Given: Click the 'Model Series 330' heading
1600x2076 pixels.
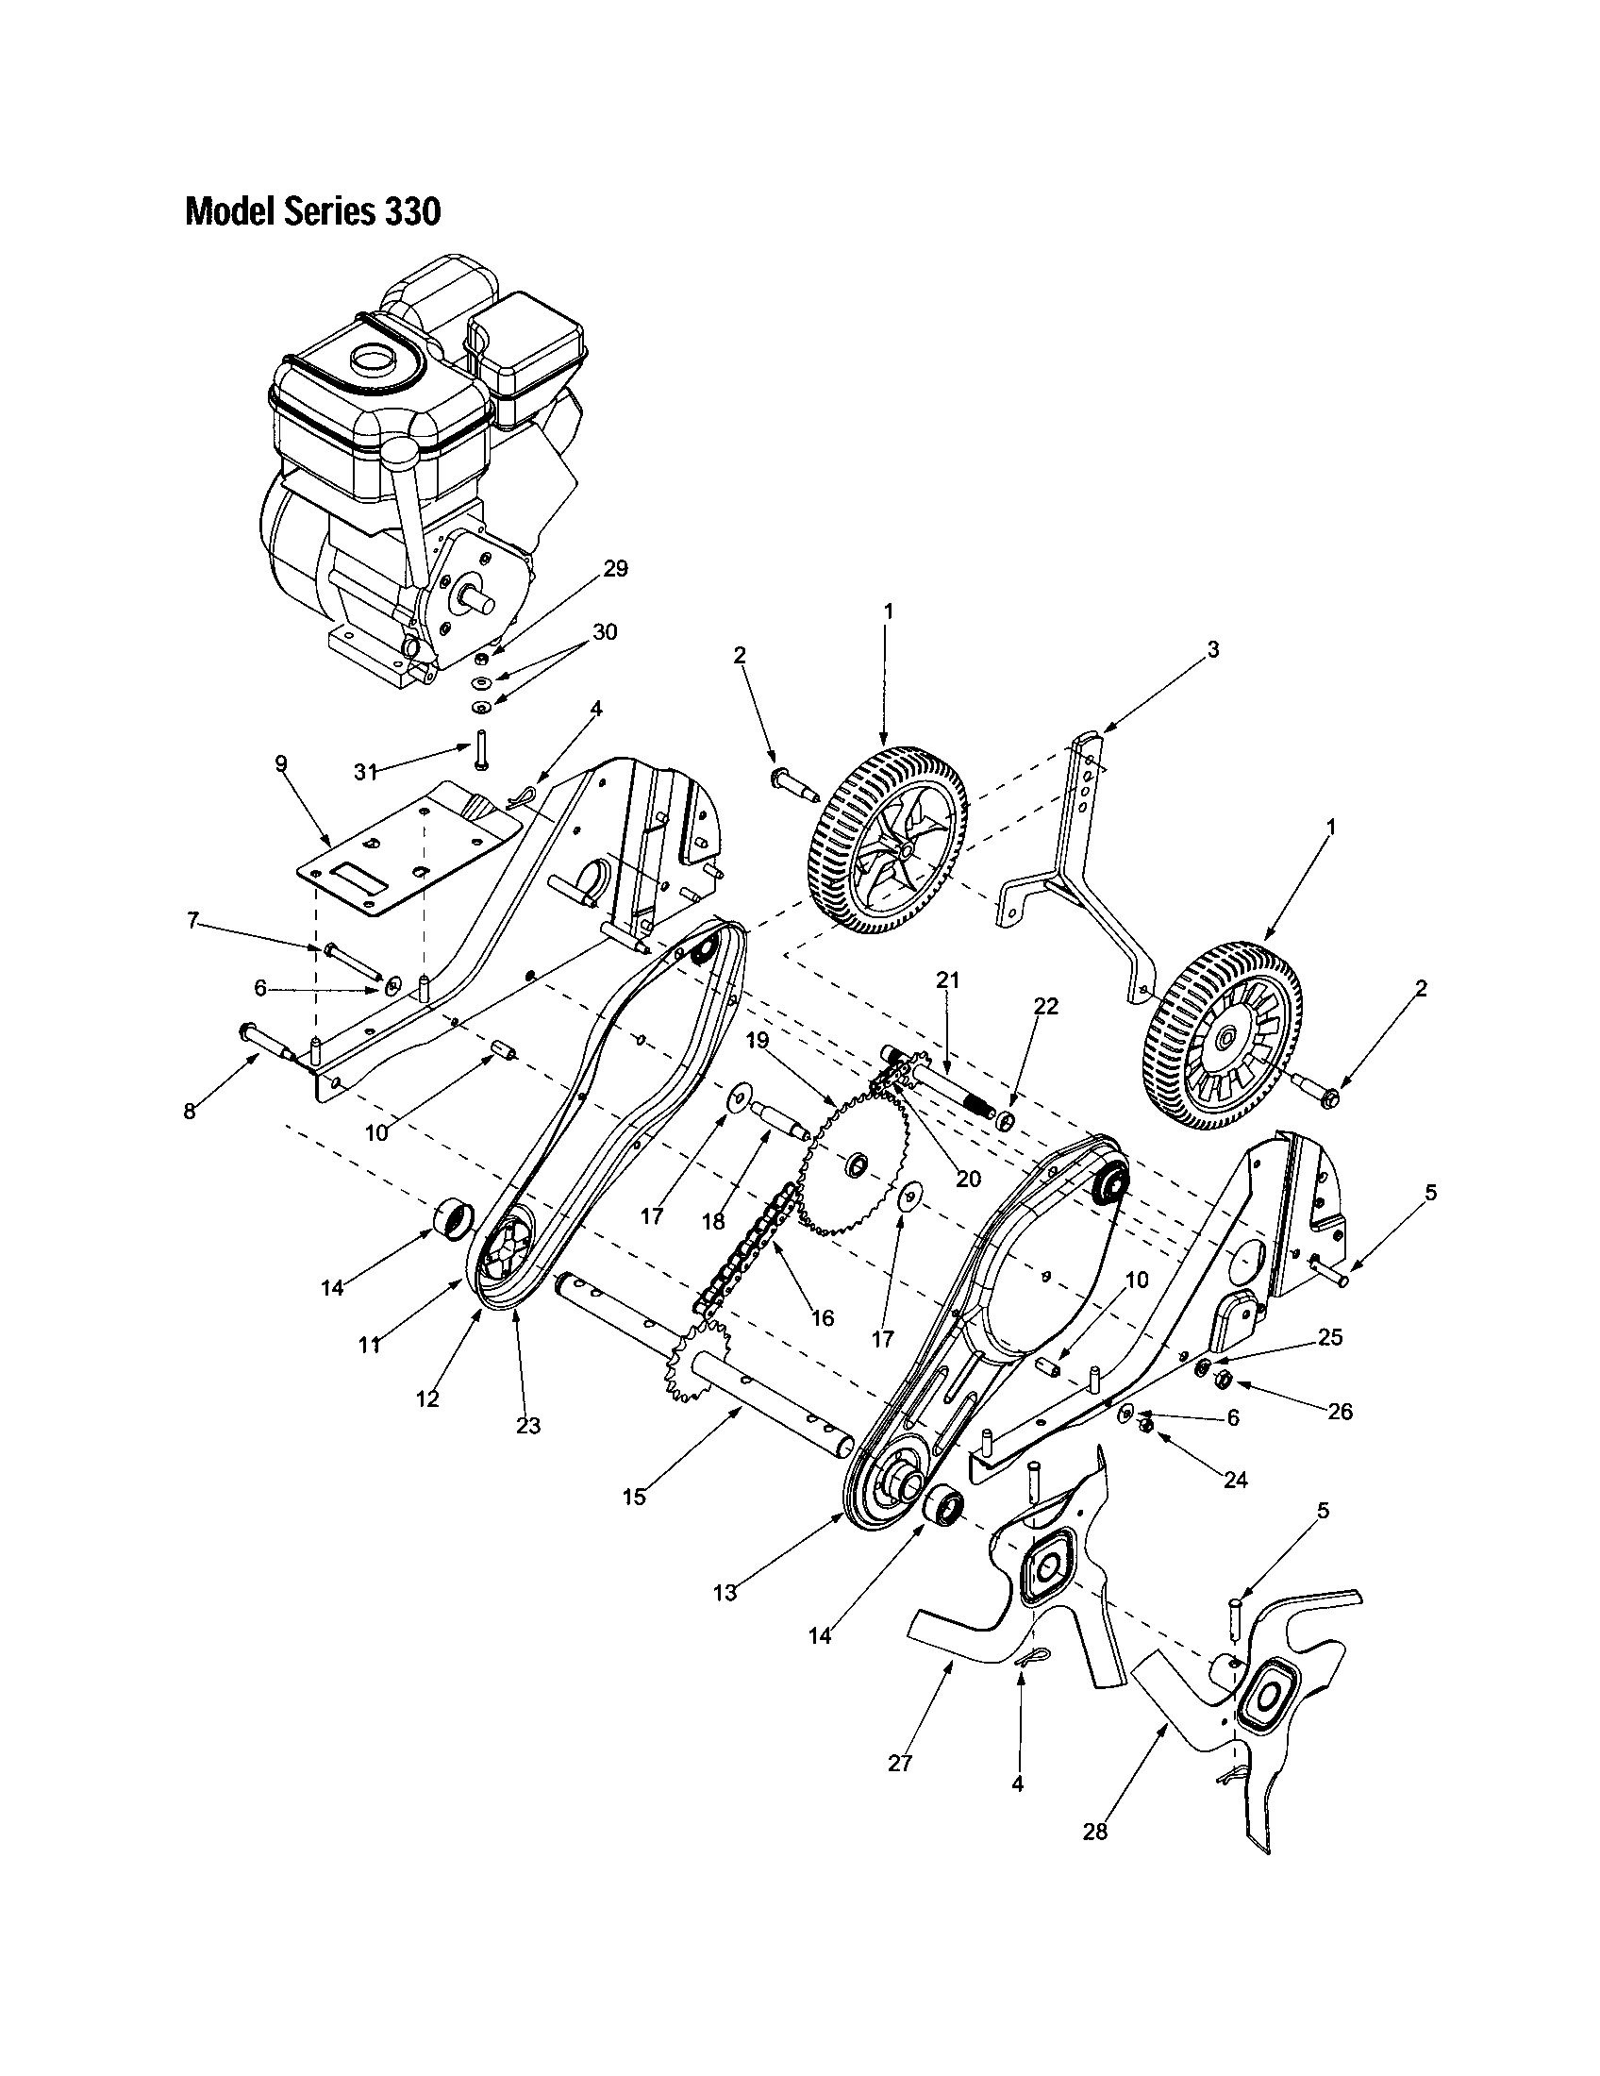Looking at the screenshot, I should (x=312, y=212).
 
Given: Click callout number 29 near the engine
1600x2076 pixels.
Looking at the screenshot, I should (x=615, y=568).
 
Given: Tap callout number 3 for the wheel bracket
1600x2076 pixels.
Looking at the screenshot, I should (x=1212, y=650).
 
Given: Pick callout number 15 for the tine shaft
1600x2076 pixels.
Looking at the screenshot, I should (x=634, y=1498).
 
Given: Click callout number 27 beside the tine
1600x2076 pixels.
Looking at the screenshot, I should (x=899, y=1764).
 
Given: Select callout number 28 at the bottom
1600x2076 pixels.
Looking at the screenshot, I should (x=1094, y=1832).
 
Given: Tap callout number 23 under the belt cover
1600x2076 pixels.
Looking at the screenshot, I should (x=527, y=1425).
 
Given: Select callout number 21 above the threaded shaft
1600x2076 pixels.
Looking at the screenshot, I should (x=947, y=980).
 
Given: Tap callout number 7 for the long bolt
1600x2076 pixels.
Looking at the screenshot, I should (x=193, y=919).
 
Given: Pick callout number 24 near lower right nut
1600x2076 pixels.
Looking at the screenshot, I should (x=1234, y=1480).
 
